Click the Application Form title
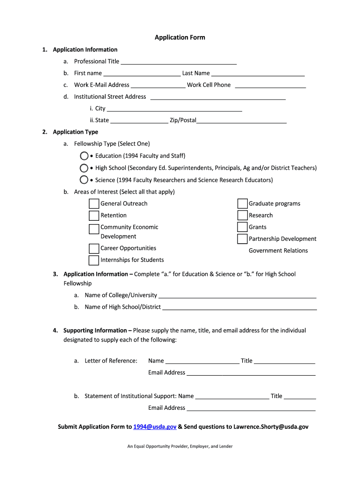(180, 37)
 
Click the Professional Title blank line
(179, 62)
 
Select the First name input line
(142, 73)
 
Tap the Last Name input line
(258, 73)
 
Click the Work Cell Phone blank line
(270, 85)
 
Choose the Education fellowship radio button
(84, 156)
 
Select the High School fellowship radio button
(84, 168)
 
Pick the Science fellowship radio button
(84, 180)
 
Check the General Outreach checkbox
(94, 203)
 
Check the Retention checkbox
(94, 216)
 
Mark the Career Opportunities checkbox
(94, 248)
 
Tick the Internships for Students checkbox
(94, 260)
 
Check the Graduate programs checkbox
(242, 203)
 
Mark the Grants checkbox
(242, 227)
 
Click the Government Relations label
(278, 251)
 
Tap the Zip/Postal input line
(241, 121)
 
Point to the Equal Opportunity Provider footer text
(180, 446)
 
